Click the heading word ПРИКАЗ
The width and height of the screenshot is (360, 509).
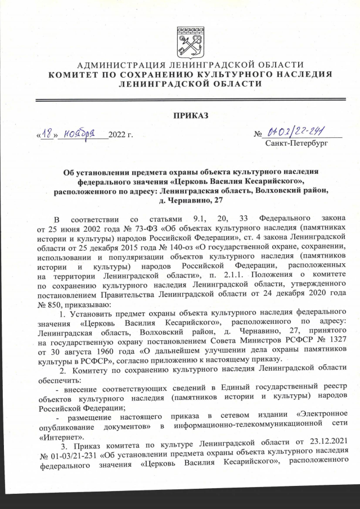(x=191, y=115)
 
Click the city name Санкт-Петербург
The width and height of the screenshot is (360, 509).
(x=296, y=143)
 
